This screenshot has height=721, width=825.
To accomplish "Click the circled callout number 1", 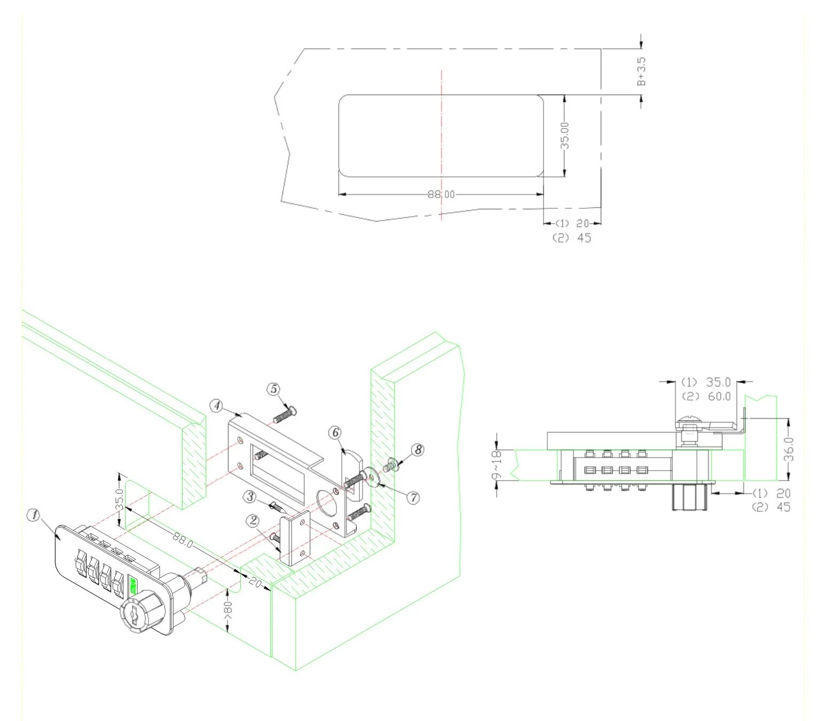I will [x=34, y=515].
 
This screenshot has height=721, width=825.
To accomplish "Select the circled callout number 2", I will [x=253, y=520].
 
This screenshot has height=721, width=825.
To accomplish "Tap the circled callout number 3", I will [x=250, y=497].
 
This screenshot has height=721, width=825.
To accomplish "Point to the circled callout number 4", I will [x=216, y=406].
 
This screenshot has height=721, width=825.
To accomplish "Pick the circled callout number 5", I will [x=274, y=389].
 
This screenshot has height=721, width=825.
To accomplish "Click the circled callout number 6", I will [x=335, y=432].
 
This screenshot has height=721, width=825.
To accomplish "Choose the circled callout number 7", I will [x=412, y=498].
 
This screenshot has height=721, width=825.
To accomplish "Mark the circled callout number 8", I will [x=418, y=450].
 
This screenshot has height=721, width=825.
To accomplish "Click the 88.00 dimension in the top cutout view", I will [x=441, y=194].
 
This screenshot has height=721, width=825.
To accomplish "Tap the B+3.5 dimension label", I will [x=641, y=72].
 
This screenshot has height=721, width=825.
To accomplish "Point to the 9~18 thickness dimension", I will [x=497, y=465].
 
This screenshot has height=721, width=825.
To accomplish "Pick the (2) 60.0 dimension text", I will [x=706, y=396].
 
